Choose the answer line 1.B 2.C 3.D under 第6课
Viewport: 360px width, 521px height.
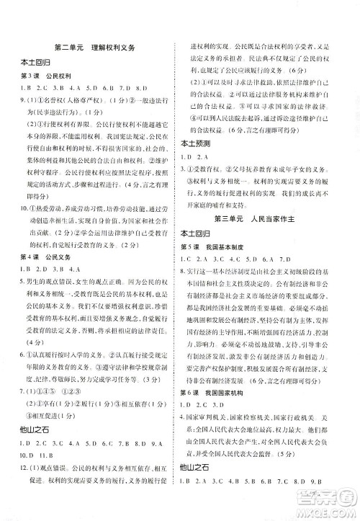pos(205,425)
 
